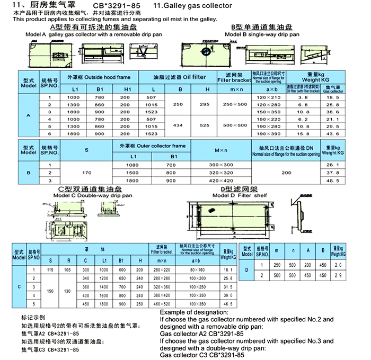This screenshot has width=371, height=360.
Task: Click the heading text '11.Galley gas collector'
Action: point(192,6)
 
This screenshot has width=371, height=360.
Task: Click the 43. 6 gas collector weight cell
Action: point(333,134)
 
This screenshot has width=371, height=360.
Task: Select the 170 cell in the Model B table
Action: point(86,173)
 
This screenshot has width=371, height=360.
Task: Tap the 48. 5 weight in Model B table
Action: point(333,181)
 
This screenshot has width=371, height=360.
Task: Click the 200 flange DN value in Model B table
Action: point(286,173)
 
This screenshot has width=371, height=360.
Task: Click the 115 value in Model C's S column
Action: point(50,269)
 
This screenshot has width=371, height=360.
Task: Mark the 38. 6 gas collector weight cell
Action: point(333,112)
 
